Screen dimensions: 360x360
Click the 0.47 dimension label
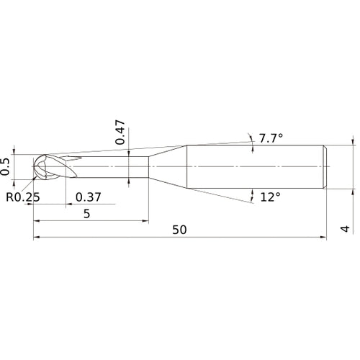(x=120, y=132)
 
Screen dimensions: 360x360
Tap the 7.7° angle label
(x=271, y=138)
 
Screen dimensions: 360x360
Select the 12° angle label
(x=270, y=197)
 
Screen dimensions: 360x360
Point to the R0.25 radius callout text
(x=23, y=197)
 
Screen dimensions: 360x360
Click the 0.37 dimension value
(x=89, y=197)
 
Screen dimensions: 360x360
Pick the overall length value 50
(x=179, y=230)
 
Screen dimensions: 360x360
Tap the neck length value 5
(x=86, y=213)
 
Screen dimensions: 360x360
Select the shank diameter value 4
(x=345, y=229)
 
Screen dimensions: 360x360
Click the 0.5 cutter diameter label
(x=5, y=166)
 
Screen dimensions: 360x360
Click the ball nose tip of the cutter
(x=33, y=166)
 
